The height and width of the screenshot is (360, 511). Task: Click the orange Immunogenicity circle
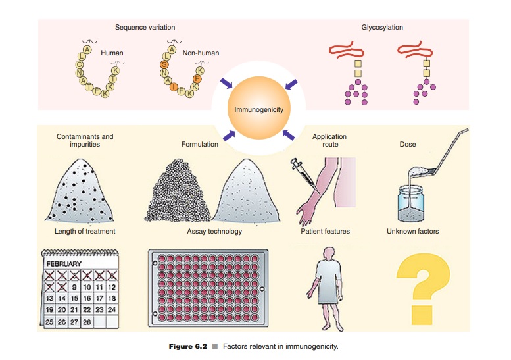coord(258,108)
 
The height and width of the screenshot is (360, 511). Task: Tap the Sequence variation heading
coord(145,28)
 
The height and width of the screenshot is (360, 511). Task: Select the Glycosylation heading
coord(382,28)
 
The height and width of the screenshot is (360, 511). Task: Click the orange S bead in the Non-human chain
coord(164,64)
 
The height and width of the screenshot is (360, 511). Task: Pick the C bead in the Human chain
coord(79,64)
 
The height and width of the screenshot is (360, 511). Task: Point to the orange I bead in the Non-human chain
coord(174,86)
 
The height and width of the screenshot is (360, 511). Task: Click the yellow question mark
coord(423,288)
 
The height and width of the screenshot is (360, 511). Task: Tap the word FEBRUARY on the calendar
coord(64,263)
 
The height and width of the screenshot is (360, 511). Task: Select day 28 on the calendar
coord(87,322)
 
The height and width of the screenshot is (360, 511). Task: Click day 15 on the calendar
coord(74,298)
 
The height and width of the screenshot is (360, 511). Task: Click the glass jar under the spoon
coord(410,204)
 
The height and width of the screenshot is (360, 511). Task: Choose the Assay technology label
coord(214,231)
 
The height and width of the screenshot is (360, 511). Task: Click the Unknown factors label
coord(412,231)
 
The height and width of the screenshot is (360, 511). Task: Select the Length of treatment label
coord(85,231)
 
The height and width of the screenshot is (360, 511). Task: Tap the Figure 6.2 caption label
coord(187,346)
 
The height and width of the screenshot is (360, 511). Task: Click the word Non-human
coord(201,53)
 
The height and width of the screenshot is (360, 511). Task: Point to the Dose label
coord(408,144)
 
